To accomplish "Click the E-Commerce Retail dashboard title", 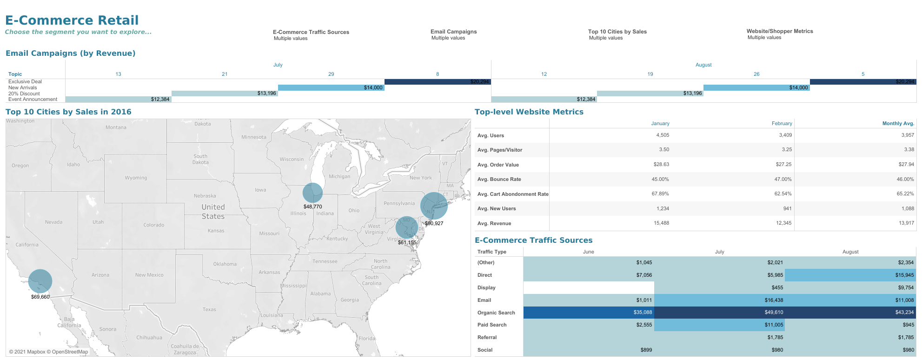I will tap(72, 20).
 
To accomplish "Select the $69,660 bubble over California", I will tap(40, 281).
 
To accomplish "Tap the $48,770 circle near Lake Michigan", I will tap(312, 193).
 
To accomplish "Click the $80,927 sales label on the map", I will tap(434, 224).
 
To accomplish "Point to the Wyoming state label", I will tap(136, 178).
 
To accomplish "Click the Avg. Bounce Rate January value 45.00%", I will tap(660, 179).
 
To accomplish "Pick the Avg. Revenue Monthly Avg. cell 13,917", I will tap(906, 223).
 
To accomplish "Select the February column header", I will tap(782, 123).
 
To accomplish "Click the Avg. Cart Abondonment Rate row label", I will tap(512, 194).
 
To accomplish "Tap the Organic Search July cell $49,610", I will tap(774, 313).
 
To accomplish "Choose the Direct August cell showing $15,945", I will tap(904, 275).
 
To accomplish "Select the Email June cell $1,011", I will tap(644, 300).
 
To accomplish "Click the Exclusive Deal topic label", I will tap(25, 81).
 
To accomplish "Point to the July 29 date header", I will tap(331, 74).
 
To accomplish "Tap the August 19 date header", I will tap(650, 74).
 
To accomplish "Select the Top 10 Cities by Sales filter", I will tap(617, 32).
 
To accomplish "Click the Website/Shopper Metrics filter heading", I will tap(779, 31).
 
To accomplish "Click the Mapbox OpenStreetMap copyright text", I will tap(48, 352).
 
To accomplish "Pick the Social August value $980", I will tap(908, 350).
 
